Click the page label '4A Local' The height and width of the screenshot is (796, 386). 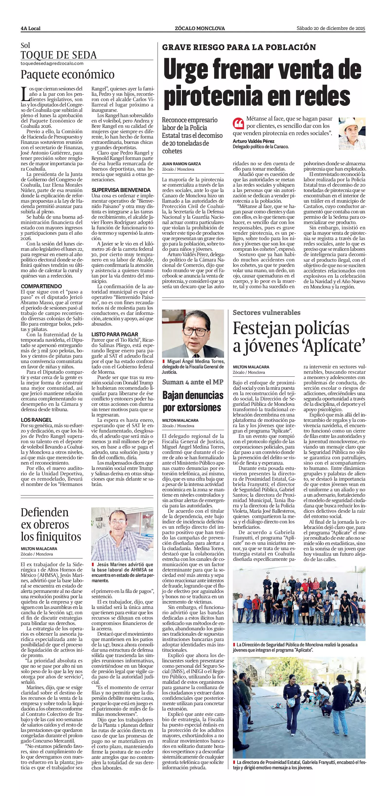click(x=31, y=29)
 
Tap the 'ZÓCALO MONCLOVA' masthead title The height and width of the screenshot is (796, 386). click(x=200, y=28)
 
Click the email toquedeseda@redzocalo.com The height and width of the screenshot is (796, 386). click(x=52, y=63)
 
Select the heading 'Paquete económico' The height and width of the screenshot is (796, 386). click(x=67, y=74)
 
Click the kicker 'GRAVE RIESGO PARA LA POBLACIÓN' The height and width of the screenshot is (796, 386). click(x=239, y=47)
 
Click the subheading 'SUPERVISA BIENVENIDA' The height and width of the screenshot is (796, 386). click(x=121, y=190)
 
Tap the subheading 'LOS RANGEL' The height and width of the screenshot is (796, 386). click(x=36, y=420)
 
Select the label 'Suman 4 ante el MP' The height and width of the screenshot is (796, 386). click(x=193, y=382)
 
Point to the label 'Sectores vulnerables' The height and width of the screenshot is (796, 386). click(x=266, y=312)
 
